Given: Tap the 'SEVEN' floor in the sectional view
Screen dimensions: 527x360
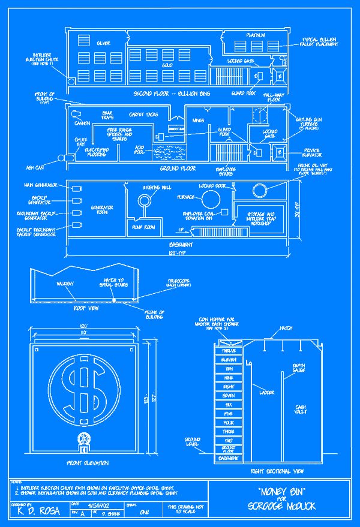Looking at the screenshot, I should tap(228, 396).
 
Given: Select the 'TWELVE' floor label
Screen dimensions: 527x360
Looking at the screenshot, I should tap(228, 350).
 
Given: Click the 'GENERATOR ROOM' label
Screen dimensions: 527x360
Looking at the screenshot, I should tap(102, 210).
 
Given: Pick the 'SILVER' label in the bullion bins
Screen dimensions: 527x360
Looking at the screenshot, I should tap(103, 44).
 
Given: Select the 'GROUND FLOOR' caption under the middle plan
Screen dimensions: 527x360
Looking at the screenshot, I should tap(178, 168).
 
